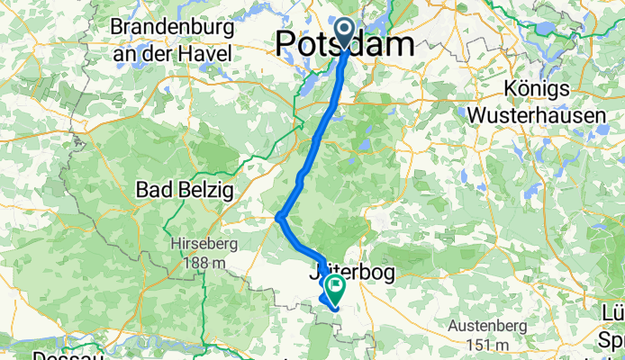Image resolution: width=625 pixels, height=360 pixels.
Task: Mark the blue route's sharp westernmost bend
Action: [280, 216]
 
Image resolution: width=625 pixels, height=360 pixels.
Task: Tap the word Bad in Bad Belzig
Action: [152, 190]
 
